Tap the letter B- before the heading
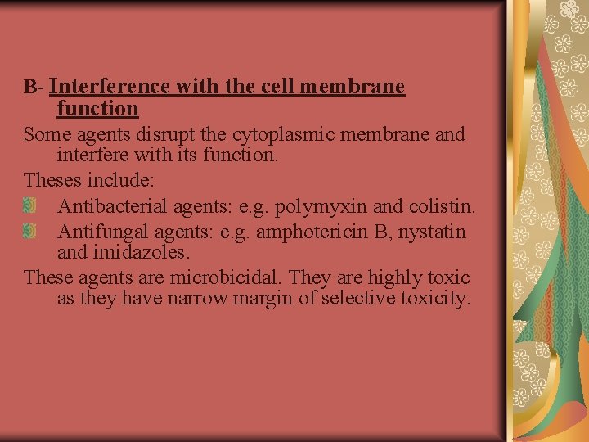coord(34,87)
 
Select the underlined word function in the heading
coord(97,108)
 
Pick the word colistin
coord(445,204)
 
